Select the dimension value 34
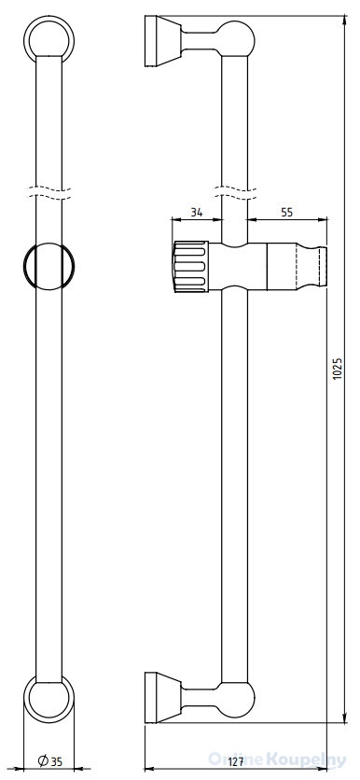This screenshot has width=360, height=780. point(197,213)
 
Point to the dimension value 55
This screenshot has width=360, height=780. point(287,213)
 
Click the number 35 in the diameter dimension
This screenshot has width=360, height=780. point(57,760)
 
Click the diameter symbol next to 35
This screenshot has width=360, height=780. point(43,760)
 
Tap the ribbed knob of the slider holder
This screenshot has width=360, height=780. point(190,266)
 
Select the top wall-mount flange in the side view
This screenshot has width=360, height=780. point(163,41)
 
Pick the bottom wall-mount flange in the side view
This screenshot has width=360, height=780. point(163,697)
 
